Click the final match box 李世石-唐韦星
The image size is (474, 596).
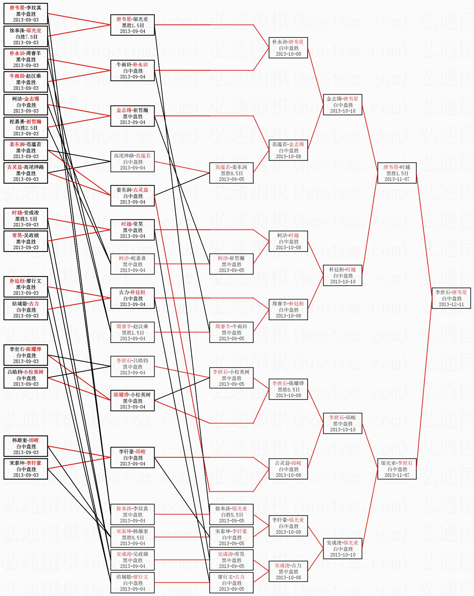(451, 298)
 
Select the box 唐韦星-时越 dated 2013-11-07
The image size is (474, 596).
(397, 173)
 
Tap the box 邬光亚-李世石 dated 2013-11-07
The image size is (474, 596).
(397, 469)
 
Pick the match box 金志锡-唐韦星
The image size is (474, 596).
(343, 105)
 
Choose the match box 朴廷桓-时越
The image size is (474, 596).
(343, 275)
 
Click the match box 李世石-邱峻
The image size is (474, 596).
(343, 423)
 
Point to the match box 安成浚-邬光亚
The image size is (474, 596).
(343, 549)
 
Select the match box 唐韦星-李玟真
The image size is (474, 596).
(26, 14)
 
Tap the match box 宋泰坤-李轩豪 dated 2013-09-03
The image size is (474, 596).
(26, 469)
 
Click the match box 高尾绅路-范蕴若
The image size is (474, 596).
(132, 162)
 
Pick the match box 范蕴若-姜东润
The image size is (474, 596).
(231, 173)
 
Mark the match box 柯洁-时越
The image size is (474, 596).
(288, 241)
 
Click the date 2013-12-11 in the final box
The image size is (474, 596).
(451, 304)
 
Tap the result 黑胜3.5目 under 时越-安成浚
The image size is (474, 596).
(26, 219)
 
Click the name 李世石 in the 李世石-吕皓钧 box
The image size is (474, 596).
(123, 361)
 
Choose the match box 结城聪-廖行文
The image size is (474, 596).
(132, 583)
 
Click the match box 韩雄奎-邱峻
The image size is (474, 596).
(26, 446)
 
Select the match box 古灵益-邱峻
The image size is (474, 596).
(288, 469)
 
